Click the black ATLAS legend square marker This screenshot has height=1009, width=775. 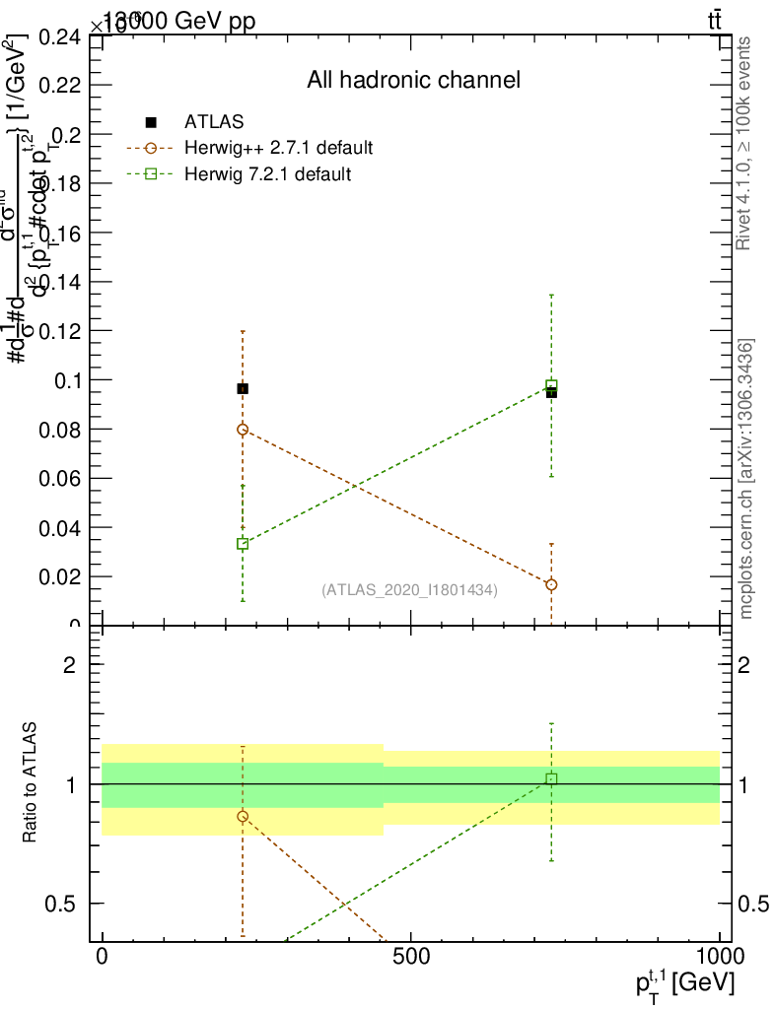coord(151,122)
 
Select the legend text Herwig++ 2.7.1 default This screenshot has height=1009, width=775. coord(278,149)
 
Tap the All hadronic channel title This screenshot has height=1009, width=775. coord(412,80)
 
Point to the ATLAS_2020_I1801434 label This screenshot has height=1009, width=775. coord(409,590)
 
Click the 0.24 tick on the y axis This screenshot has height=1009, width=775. coord(61,37)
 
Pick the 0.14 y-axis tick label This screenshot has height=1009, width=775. coord(61,282)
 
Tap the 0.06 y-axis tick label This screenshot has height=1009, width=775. coord(61,479)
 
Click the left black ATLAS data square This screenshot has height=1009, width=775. coord(243,388)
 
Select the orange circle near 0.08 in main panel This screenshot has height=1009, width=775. coord(243,430)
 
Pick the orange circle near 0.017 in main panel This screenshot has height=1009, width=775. coord(551,584)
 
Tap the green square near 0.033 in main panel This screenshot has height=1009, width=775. coord(243,544)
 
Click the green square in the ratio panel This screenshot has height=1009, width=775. coord(551,778)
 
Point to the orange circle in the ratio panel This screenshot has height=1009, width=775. coord(243,817)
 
